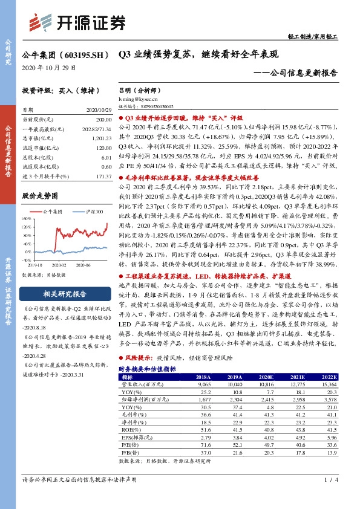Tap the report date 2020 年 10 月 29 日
(45, 67)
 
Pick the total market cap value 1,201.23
(100, 138)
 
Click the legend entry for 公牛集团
(57, 211)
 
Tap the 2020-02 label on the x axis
(58, 264)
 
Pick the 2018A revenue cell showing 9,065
(203, 366)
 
